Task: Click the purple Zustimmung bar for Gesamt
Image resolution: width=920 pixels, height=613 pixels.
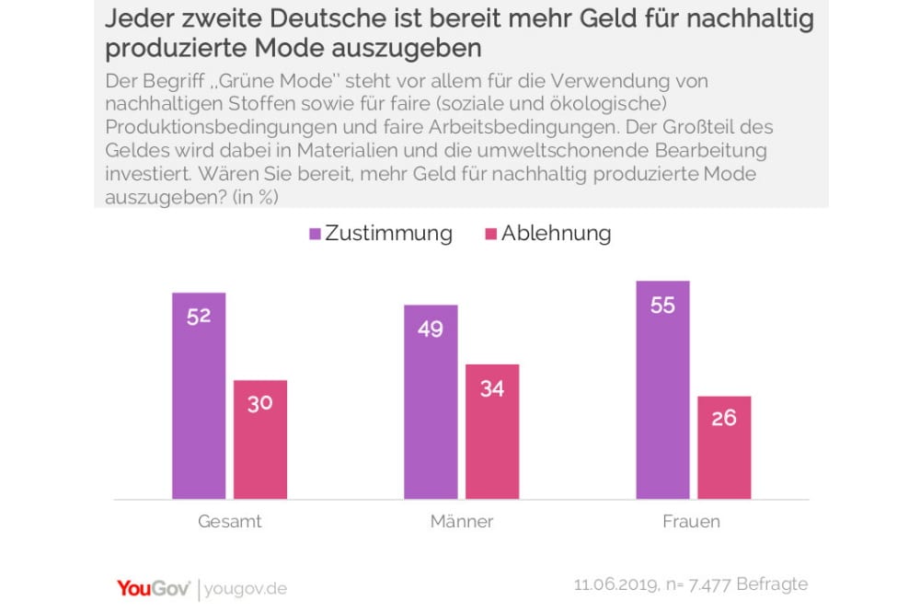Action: point(199,396)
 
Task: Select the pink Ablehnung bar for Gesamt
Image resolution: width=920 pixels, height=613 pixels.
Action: point(260,439)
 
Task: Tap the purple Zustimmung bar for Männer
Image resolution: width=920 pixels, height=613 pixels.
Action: point(431,401)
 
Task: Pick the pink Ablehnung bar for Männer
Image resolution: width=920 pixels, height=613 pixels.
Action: point(492,432)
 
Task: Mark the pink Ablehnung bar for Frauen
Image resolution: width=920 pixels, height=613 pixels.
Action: point(724,447)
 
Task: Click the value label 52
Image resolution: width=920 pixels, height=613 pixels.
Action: point(199,316)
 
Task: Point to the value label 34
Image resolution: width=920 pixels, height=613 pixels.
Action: point(492,388)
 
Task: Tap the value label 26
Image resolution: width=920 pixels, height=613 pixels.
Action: point(724,418)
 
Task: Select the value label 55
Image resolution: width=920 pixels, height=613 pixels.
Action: point(662,305)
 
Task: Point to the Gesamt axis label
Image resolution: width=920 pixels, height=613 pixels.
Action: point(230,522)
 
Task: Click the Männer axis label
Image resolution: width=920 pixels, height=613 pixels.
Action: point(462,522)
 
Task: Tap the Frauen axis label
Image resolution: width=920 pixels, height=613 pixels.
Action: point(692,522)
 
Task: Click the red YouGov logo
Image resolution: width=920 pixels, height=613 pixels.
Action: point(153,587)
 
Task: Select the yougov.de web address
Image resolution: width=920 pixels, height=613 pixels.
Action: point(246,588)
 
